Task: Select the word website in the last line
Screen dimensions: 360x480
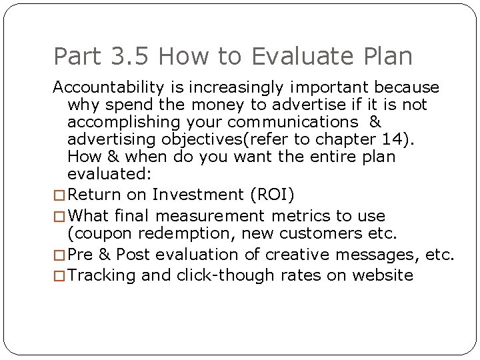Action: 381,275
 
